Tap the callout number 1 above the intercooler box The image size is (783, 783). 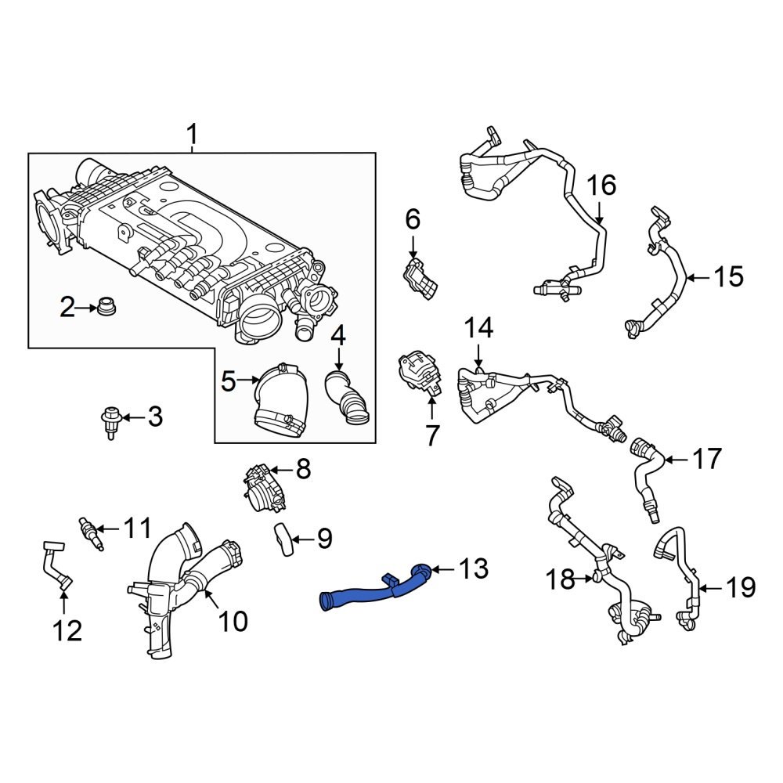[x=192, y=135]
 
